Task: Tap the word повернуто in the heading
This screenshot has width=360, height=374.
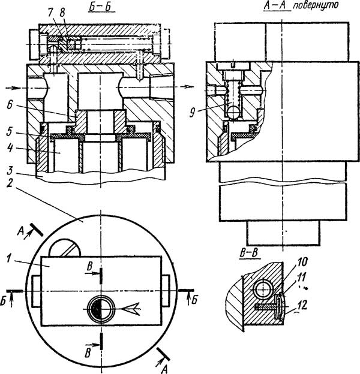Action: (x=315, y=5)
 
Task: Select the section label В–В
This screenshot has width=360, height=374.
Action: (x=249, y=253)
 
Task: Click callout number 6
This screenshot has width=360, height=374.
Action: (x=10, y=105)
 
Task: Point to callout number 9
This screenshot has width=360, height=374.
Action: (x=191, y=112)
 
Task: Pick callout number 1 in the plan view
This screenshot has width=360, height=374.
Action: (x=9, y=258)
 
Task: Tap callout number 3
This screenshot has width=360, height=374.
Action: (x=10, y=171)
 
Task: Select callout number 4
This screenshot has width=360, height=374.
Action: (x=10, y=148)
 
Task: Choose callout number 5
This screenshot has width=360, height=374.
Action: (x=10, y=131)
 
